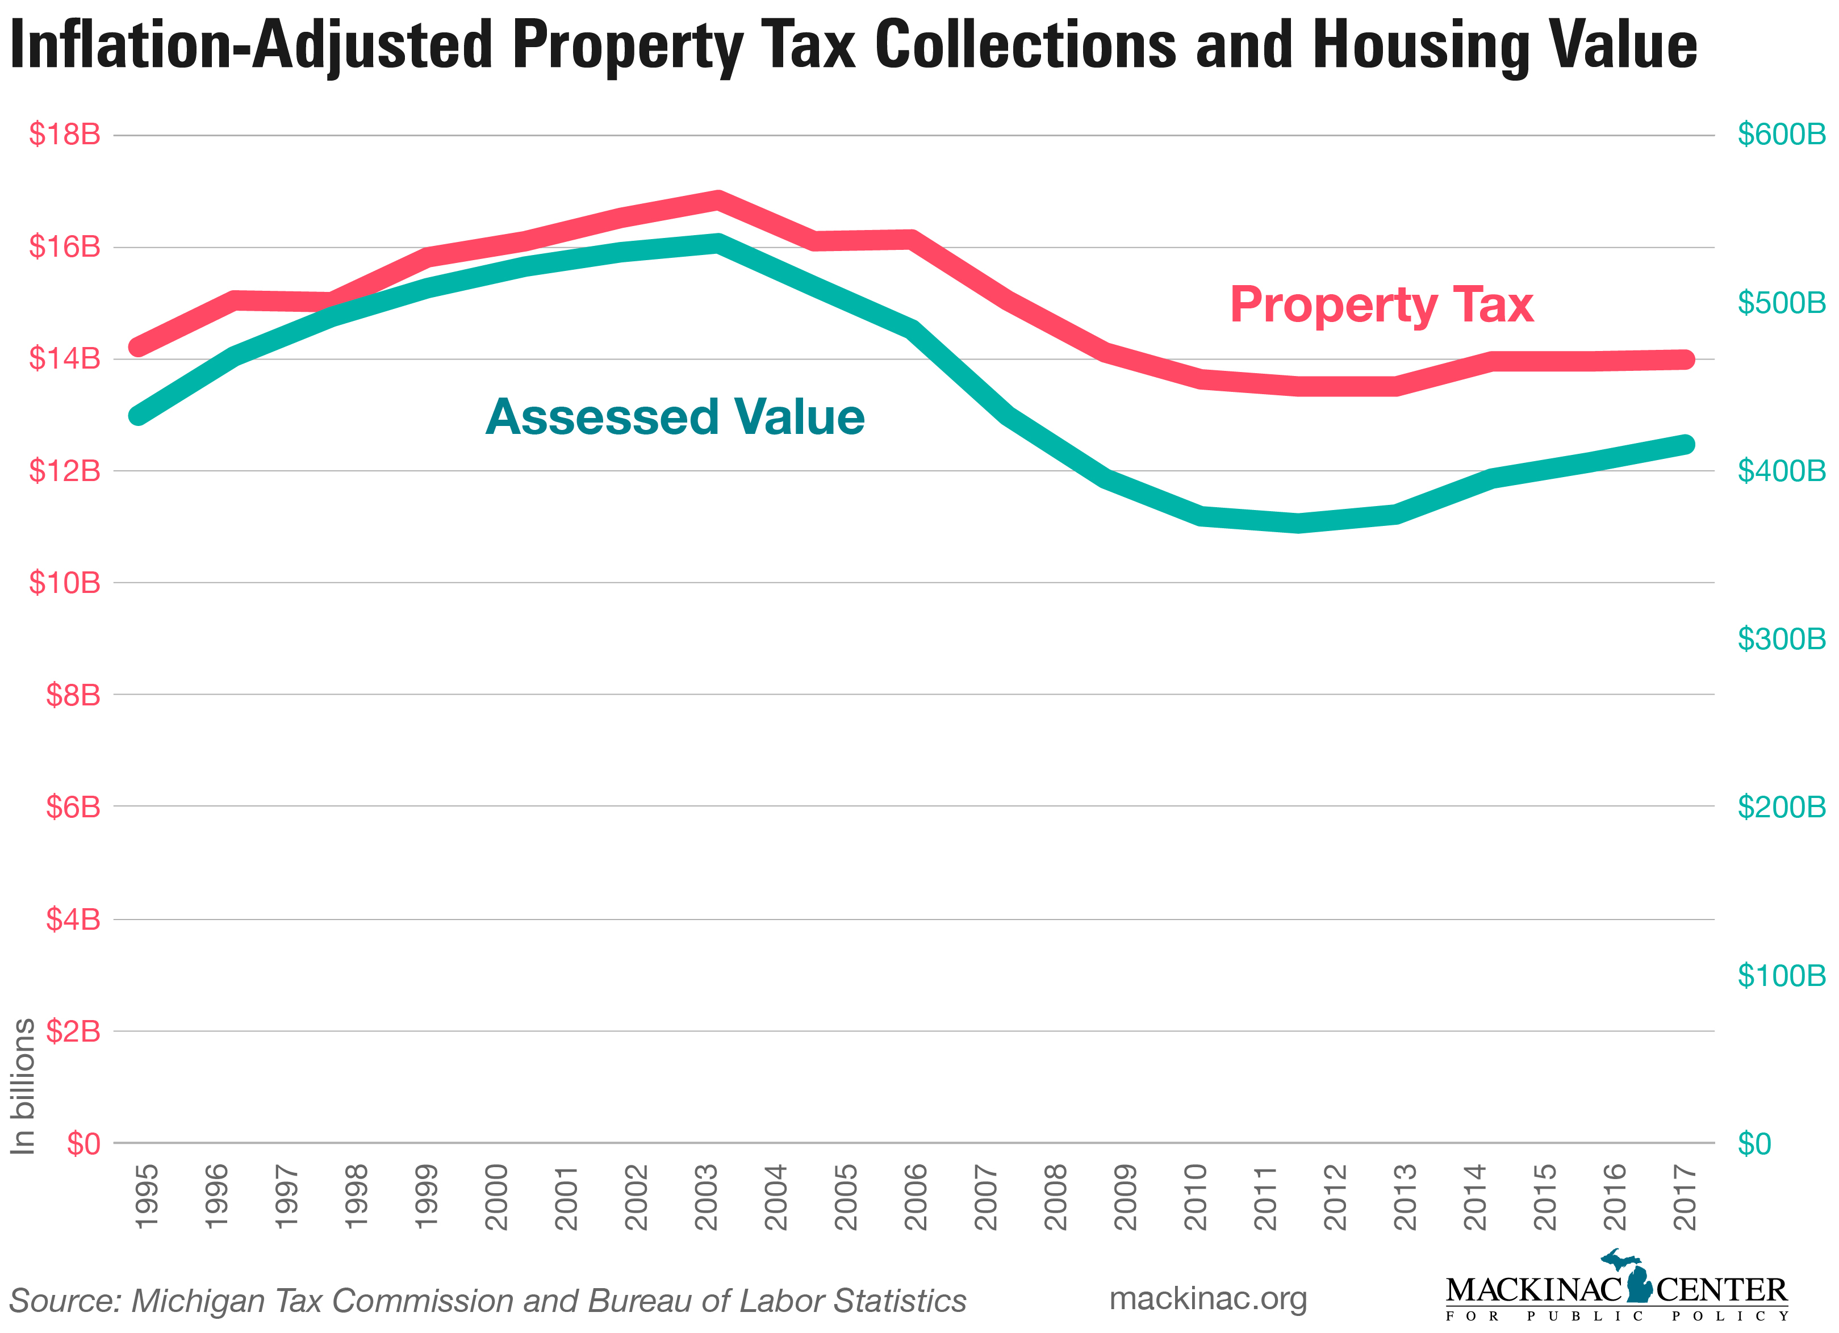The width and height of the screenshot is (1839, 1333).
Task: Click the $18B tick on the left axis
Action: tap(65, 134)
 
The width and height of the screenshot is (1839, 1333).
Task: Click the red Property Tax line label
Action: tap(1381, 306)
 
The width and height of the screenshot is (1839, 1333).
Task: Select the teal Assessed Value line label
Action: tap(675, 417)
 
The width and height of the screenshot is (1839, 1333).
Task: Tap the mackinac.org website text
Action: tap(1207, 1298)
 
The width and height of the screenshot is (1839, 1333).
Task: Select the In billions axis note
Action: tap(23, 1086)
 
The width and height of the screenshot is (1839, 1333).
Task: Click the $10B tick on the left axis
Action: tap(65, 582)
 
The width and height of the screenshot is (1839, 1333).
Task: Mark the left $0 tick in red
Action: tap(83, 1143)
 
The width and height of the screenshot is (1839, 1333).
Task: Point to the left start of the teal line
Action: tap(139, 415)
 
